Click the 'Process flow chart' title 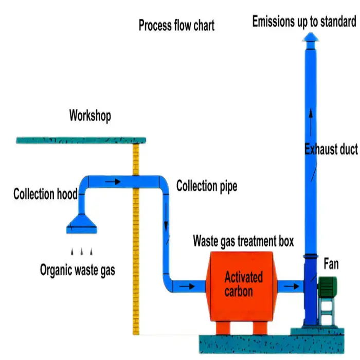click(176, 25)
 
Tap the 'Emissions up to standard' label click(304, 22)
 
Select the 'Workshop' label click(90, 116)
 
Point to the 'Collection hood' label click(45, 194)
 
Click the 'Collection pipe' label click(207, 186)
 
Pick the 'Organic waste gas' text click(78, 269)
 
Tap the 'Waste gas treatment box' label click(243, 240)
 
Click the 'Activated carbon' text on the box click(243, 284)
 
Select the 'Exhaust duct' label click(331, 150)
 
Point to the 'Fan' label click(331, 264)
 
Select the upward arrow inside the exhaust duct click(310, 115)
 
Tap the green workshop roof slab click(82, 139)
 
